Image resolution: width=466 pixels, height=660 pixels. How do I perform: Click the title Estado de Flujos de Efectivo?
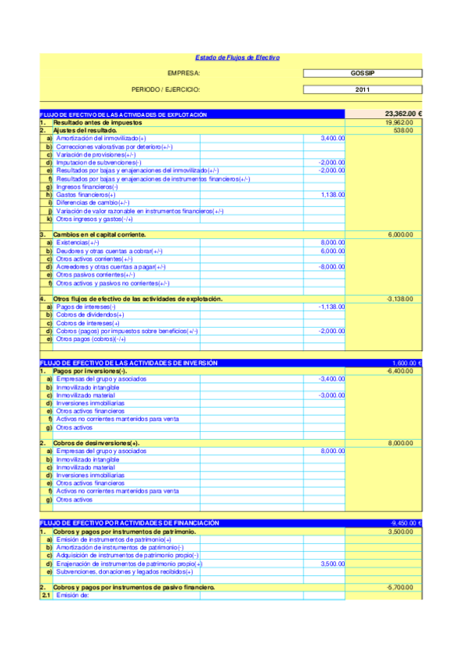[x=237, y=58]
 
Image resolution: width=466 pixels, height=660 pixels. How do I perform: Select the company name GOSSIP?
[x=363, y=72]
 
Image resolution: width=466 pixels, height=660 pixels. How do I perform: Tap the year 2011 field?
[x=363, y=90]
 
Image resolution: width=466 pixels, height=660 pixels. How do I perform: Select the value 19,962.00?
[x=399, y=123]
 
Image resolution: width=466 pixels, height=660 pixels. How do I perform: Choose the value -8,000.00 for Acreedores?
[x=332, y=267]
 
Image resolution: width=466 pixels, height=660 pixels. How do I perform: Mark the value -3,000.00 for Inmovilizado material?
[x=332, y=395]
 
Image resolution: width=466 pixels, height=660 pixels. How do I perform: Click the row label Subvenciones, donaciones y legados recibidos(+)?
[x=124, y=571]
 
